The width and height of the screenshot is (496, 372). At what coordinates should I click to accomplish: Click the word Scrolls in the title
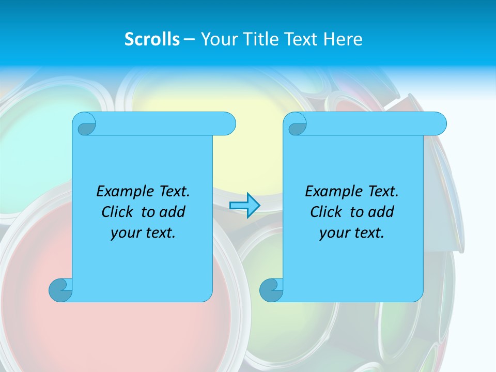tap(152, 39)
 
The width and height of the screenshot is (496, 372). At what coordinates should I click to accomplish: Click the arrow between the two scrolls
tap(244, 206)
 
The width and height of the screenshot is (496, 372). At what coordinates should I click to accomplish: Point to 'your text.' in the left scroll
tap(143, 233)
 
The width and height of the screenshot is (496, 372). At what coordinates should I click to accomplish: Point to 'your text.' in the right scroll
tap(352, 233)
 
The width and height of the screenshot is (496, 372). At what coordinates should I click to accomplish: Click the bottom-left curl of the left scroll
tap(60, 290)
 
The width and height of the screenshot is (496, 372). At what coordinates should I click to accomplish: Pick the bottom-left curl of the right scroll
tap(271, 290)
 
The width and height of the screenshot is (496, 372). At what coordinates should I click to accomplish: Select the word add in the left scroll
tap(172, 212)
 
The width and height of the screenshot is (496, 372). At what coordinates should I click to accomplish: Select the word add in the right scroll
tap(381, 212)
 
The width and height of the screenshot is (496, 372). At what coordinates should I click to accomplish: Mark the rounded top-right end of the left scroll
tap(227, 124)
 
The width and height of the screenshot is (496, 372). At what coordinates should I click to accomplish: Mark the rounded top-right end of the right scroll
tap(438, 124)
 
